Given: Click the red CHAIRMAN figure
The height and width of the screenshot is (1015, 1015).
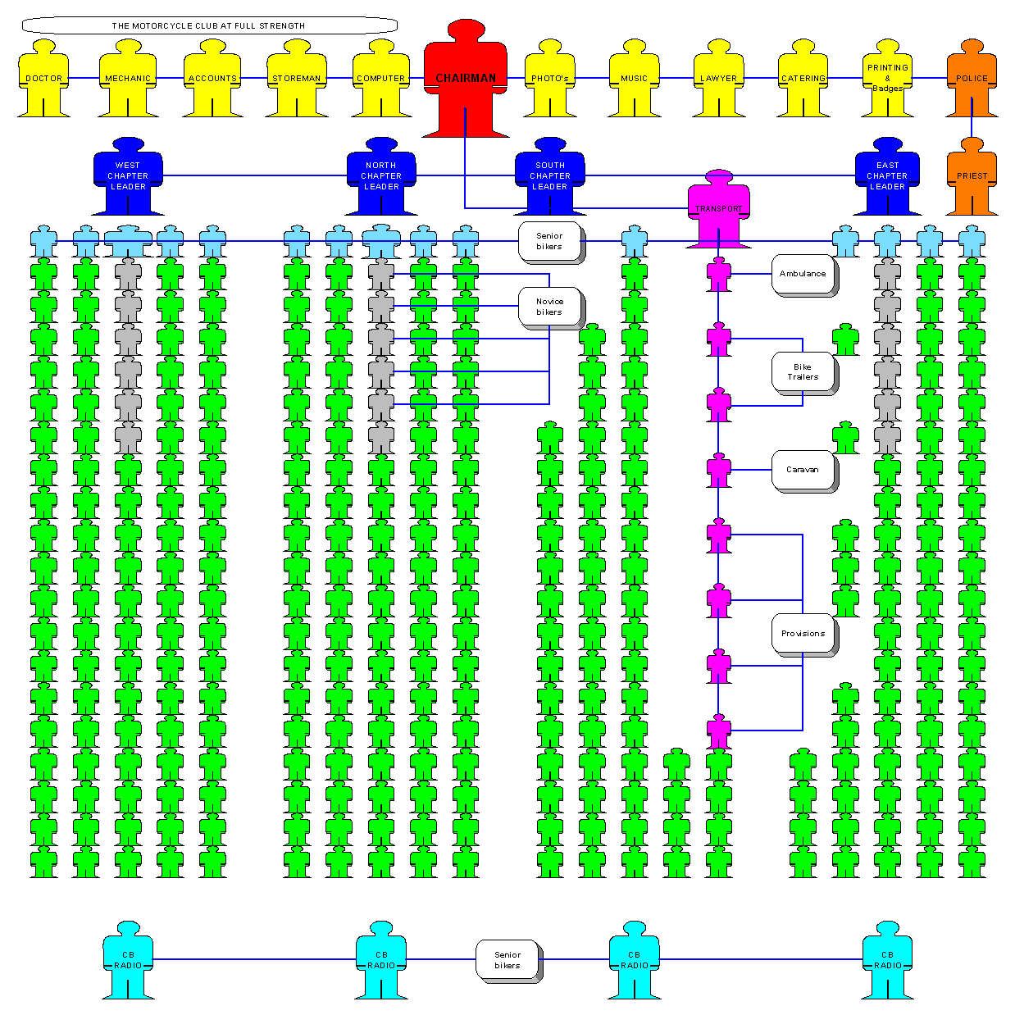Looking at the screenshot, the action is pos(465,78).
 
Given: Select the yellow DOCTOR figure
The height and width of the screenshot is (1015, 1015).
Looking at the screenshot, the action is pos(43,78).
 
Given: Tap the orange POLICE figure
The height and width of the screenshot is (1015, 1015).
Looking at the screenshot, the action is pos(972,78).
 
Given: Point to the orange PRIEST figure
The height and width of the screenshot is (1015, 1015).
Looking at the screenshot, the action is pos(972,176).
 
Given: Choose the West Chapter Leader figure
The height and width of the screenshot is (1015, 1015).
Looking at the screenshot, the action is pos(128,176).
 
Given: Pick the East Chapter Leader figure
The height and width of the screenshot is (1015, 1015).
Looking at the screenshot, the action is pos(887,176).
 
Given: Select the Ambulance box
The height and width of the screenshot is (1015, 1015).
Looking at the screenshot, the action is pos(803,275).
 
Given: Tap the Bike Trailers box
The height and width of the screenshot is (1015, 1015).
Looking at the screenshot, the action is pos(803,373).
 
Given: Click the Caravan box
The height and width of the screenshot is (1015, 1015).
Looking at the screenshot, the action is pos(803,471).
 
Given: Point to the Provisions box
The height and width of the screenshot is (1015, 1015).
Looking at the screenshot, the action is pos(803,635).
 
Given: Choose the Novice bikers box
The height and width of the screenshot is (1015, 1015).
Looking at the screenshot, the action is pos(551,307).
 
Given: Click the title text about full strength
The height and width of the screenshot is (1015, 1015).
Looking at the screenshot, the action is pos(208,25).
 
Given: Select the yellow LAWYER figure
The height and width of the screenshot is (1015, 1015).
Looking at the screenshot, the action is pos(718,78).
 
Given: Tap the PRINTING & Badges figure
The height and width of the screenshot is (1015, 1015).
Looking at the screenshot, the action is pos(887,78).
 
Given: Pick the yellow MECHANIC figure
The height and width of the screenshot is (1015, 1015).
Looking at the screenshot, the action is pos(128,78).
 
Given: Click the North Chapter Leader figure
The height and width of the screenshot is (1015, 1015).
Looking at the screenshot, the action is pos(380,176).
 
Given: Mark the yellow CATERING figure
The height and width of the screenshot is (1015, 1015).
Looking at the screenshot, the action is pos(803,78).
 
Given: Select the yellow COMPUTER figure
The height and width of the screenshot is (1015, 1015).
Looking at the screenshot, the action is pos(380,78).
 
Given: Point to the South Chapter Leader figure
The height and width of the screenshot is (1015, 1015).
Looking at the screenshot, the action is pos(550,176).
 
